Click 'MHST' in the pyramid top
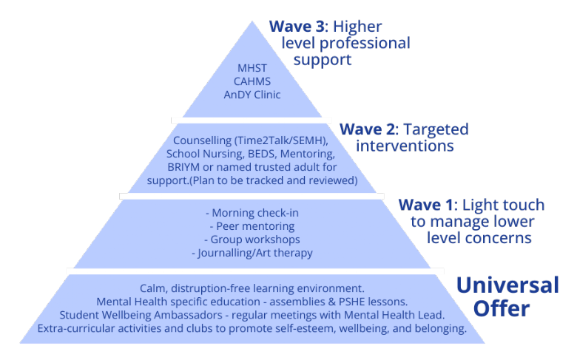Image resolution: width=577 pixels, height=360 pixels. pyautogui.click(x=252, y=68)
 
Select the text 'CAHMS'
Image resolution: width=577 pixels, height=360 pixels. pyautogui.click(x=252, y=81)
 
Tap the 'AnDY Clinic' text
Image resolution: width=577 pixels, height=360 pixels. pyautogui.click(x=252, y=95)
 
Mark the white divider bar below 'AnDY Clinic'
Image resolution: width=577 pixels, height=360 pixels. pyautogui.click(x=252, y=119)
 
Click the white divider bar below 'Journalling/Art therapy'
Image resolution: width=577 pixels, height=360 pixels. pyautogui.click(x=255, y=271)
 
